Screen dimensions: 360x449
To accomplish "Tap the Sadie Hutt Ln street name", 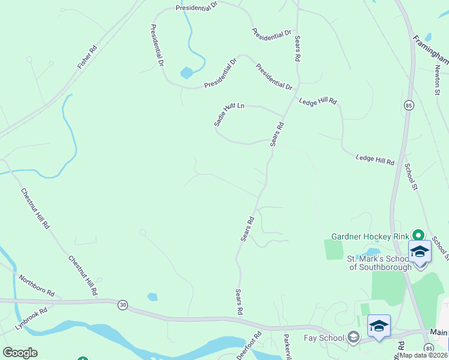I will point(229,113).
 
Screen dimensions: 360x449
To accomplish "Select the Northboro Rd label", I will point(37,286).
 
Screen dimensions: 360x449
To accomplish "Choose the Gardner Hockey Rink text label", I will point(370,236).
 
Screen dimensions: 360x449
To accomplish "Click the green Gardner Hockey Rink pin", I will point(419,236).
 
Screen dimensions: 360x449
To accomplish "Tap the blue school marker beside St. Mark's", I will point(420,252).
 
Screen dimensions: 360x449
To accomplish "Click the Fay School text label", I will point(324,338).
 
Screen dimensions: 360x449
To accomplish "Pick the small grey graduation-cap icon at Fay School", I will point(354,338).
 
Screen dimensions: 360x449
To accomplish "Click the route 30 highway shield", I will point(123,305).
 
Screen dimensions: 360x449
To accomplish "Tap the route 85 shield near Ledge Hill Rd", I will point(408,105).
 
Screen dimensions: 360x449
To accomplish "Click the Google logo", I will point(20,353).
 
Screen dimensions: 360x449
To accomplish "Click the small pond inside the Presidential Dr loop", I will point(187,73).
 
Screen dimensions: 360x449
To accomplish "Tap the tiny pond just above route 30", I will point(152,296).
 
